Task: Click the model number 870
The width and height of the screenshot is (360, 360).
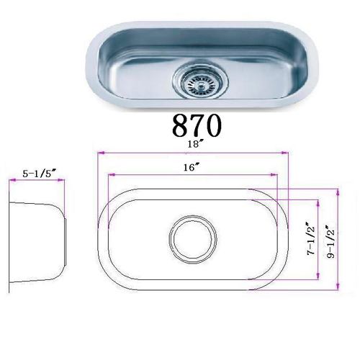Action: [197, 125]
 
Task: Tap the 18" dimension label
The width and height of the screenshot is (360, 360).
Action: [194, 144]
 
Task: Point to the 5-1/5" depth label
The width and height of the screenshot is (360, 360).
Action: [40, 174]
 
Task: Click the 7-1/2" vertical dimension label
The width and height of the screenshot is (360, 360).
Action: [311, 240]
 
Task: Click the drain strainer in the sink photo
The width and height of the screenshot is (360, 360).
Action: [200, 80]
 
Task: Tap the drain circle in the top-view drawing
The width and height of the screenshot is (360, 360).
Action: [193, 239]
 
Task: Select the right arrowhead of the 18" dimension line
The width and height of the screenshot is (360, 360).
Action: [285, 153]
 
